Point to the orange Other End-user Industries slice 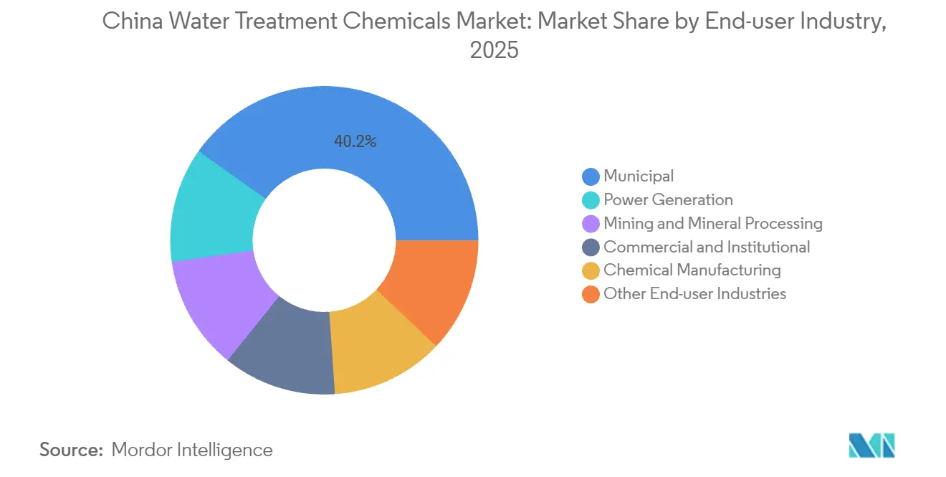coord(434,287)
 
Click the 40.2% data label coord(355,142)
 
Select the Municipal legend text coord(639,176)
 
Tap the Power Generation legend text coord(668,199)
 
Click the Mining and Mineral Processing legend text coord(712,223)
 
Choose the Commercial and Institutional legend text coord(707,247)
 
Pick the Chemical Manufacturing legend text coord(692,270)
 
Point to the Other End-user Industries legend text coord(694,294)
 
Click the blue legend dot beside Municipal coord(591,176)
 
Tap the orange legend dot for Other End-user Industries coord(591,294)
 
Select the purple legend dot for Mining coord(591,224)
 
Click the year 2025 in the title coord(494,52)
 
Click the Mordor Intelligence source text coord(191,450)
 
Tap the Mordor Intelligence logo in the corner coord(871,445)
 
